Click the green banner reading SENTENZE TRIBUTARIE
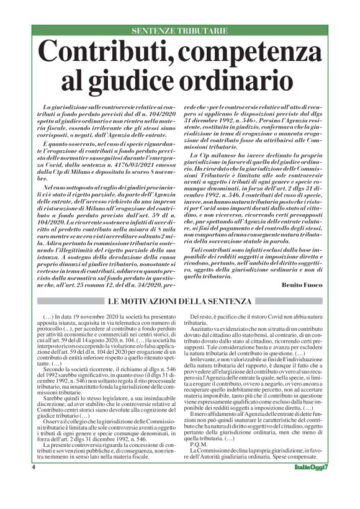click(180, 30)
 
